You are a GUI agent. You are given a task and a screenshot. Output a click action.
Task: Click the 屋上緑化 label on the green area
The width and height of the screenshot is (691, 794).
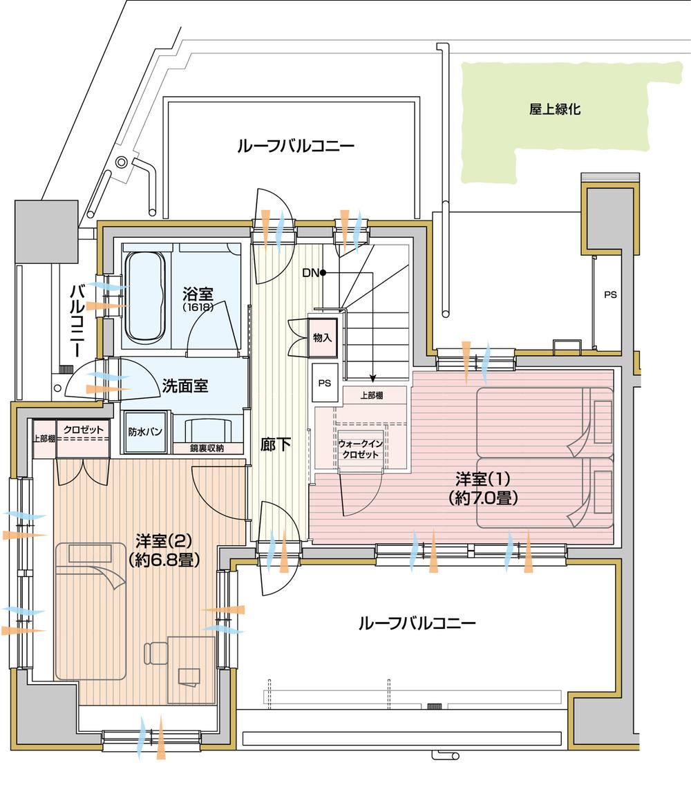[555, 108]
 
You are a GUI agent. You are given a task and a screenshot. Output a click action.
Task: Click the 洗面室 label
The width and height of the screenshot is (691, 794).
[185, 386]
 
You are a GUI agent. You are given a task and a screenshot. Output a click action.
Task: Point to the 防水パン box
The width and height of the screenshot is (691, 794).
[145, 432]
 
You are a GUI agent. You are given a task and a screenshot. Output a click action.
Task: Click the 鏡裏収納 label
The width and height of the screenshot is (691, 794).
[207, 448]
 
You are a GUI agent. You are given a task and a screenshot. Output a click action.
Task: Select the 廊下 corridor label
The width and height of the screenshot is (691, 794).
[276, 444]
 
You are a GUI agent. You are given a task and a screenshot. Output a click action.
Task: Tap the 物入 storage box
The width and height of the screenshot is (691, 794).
[322, 337]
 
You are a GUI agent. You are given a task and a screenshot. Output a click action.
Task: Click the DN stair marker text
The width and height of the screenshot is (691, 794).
[310, 272]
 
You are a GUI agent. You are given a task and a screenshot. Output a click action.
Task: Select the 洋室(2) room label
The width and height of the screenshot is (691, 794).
[164, 550]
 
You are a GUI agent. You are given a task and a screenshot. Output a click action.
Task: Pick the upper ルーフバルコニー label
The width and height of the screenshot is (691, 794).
[295, 146]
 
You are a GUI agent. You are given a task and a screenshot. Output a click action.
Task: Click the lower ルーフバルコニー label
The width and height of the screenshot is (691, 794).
[417, 624]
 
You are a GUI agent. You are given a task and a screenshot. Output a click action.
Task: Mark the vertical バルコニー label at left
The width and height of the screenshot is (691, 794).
[78, 318]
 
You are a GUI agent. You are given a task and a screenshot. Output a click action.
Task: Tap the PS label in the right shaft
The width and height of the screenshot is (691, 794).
[610, 294]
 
